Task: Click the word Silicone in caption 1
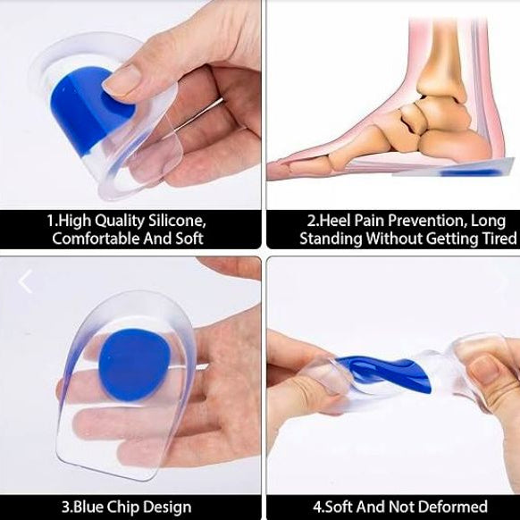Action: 176,220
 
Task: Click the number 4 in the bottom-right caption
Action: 317,507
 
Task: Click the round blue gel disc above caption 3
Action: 133,365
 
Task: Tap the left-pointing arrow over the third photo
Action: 25,281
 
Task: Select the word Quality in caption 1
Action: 120,222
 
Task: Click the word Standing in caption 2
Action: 331,239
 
